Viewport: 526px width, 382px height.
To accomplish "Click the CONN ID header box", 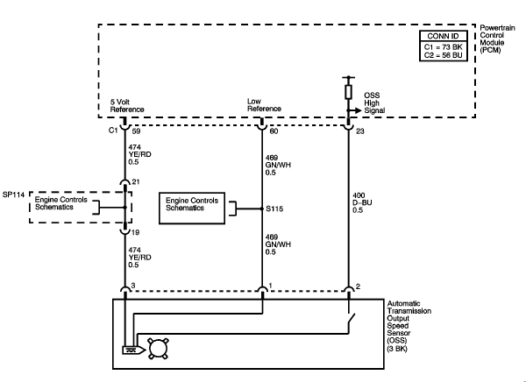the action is pos(443,36).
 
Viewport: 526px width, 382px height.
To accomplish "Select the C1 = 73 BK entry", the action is pos(443,47).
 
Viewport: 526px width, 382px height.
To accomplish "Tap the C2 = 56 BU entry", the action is pos(443,55).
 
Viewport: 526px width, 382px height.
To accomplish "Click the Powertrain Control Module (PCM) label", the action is pos(497,39).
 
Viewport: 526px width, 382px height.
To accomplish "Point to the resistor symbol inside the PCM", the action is pos(349,92).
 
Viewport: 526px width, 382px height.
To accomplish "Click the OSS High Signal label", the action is pos(374,103).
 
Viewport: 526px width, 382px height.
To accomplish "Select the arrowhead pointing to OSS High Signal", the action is pos(359,110).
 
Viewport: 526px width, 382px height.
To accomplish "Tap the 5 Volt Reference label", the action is pos(127,106).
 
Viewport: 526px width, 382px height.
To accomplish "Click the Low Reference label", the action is pos(264,105).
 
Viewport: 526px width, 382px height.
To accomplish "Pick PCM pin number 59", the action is pos(136,131).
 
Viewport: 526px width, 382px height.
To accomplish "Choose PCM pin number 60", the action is pos(274,131).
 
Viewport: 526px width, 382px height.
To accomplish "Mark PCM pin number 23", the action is pos(360,131).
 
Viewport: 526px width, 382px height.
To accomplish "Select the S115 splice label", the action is pos(274,209).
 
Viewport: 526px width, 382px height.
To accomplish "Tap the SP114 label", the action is pos(13,195).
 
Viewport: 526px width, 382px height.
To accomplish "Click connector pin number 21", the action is pos(136,181).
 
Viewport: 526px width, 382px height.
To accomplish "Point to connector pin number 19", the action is pos(135,232).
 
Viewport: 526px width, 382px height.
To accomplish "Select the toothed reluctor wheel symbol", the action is pos(159,349).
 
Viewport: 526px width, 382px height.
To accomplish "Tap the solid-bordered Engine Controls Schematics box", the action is pos(192,209).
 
